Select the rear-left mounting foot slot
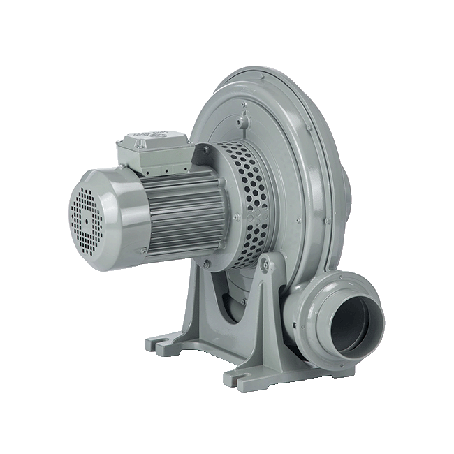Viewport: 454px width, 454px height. [159, 344]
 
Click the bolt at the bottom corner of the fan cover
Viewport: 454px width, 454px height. [143, 251]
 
